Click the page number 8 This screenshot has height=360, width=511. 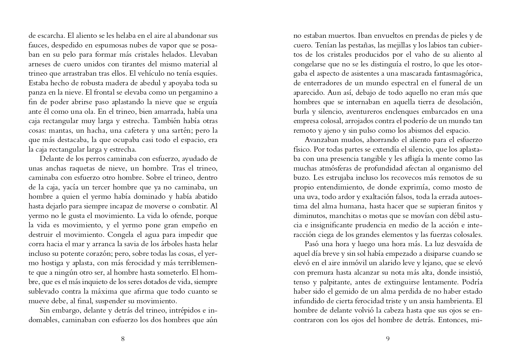(123, 339)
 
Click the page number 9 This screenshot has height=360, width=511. (388, 339)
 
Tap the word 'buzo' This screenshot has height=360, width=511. (301, 178)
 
